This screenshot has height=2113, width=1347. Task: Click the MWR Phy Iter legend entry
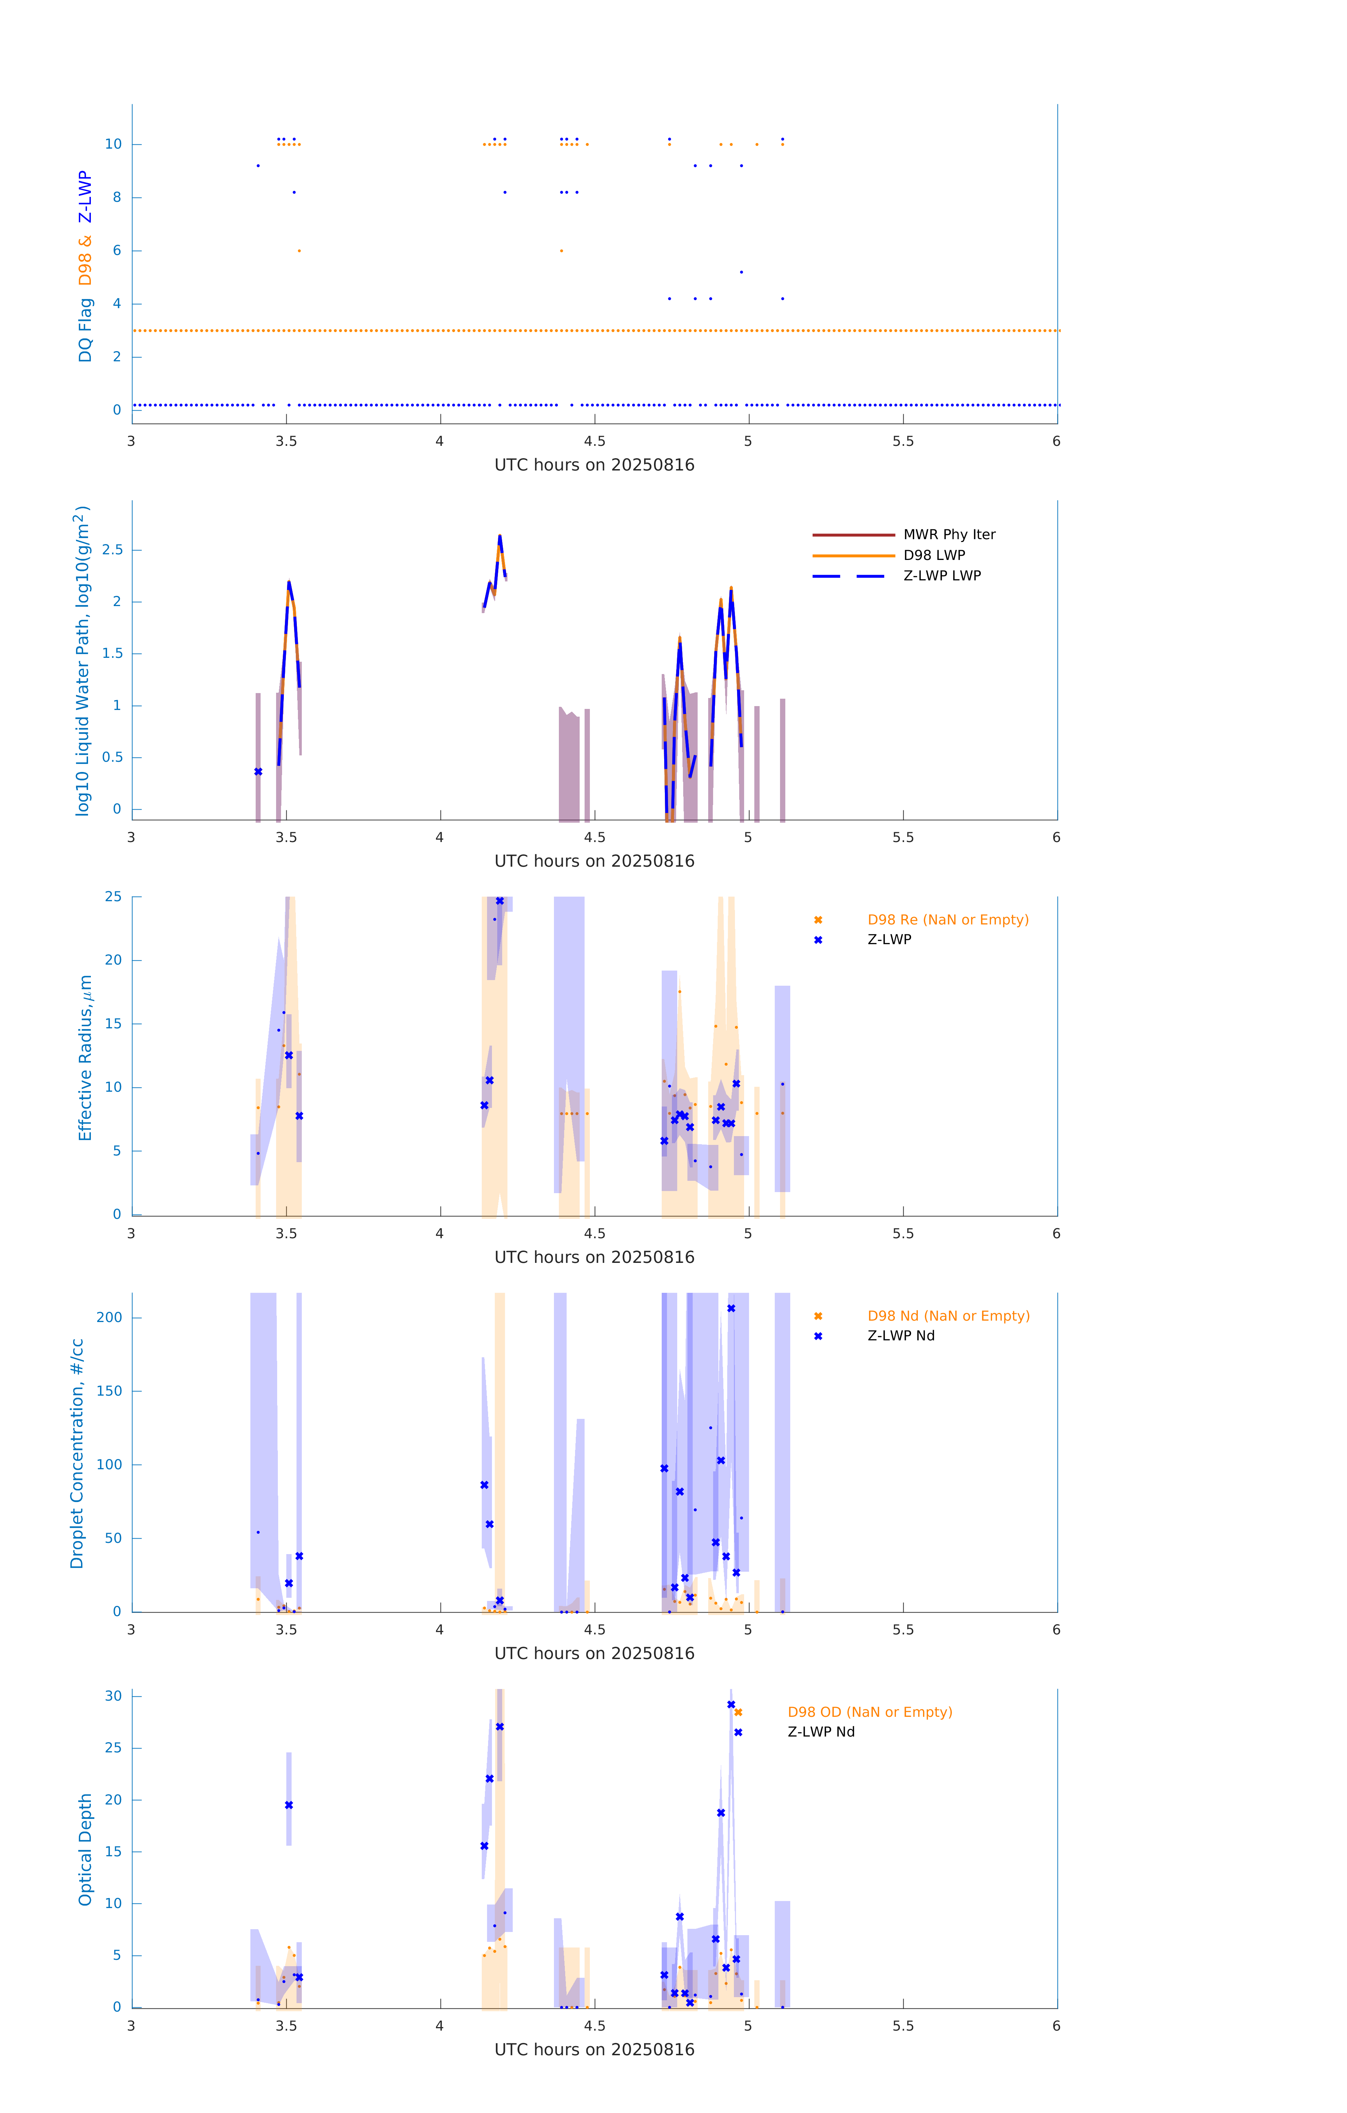coord(949,534)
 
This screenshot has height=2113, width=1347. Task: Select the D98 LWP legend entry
coord(934,555)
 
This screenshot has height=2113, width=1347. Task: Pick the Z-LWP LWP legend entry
coord(942,576)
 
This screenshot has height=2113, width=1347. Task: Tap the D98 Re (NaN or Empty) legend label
coord(948,920)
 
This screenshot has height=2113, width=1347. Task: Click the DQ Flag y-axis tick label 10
coord(113,144)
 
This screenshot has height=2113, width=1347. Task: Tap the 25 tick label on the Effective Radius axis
coord(113,897)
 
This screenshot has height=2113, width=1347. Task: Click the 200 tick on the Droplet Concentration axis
coord(110,1317)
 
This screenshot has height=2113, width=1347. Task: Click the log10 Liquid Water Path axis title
coord(82,661)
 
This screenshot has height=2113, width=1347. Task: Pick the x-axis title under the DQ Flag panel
coord(594,465)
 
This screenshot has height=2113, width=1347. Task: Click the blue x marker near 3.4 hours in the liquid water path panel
coord(258,772)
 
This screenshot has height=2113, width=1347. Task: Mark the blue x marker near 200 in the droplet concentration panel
coord(731,1308)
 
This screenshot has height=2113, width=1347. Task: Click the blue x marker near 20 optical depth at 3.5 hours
coord(289,1805)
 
